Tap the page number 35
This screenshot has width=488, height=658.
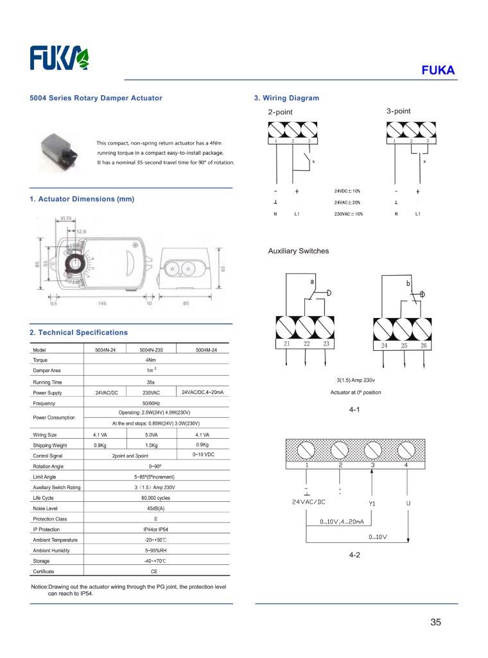pos(436,622)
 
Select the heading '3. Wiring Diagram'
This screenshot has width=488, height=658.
pos(286,98)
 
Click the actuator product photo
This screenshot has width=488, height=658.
pos(60,149)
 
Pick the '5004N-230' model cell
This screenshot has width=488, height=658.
pos(152,350)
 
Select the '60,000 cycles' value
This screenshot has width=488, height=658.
pos(155,498)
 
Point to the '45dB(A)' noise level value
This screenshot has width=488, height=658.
pos(155,508)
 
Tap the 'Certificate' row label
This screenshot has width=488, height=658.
pos(44,571)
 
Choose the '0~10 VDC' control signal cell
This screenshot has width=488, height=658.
pos(206,455)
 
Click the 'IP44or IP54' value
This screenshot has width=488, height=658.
pos(155,529)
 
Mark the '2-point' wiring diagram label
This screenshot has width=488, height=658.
pos(280,112)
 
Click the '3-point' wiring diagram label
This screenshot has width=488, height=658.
pos(398,111)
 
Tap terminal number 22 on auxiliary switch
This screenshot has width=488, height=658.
pos(307,344)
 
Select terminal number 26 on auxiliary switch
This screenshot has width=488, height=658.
pos(423,346)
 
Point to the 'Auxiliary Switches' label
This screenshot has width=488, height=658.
pos(298,251)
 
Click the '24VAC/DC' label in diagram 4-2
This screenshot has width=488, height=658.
pos(309,502)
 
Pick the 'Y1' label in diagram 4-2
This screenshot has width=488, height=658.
pos(372,503)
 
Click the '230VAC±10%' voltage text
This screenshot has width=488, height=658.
pos(348,214)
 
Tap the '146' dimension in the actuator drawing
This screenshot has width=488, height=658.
pos(102,303)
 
